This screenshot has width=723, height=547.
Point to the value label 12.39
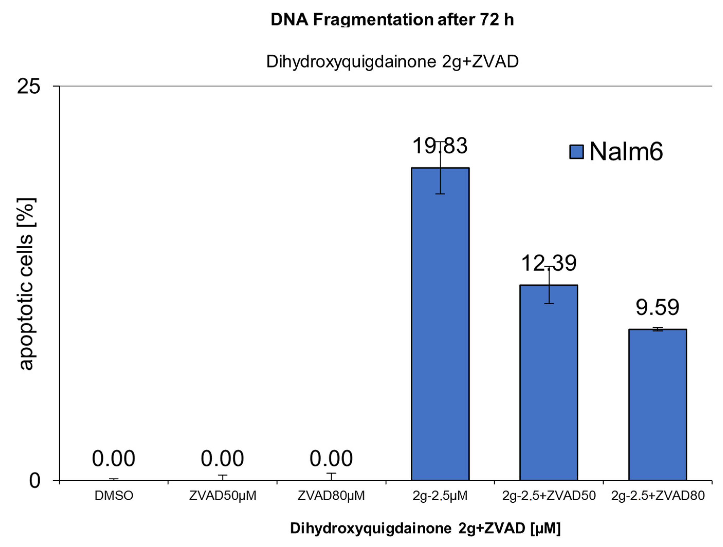point(549,263)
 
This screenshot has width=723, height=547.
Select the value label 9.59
point(657,307)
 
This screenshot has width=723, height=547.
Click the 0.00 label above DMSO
point(113,458)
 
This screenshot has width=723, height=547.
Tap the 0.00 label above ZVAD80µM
point(331,458)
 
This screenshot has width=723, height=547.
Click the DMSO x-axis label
point(114,496)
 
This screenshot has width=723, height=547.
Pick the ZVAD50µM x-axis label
point(223,496)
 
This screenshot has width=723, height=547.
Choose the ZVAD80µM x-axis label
point(331,496)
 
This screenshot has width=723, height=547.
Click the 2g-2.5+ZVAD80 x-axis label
point(658,496)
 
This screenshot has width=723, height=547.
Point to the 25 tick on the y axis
point(29,87)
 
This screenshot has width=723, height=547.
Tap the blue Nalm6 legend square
point(576,152)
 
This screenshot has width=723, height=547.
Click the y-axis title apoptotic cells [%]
point(27,284)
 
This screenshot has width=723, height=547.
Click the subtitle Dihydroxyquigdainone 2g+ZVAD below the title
point(392,61)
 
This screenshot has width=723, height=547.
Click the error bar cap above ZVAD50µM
point(223,475)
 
